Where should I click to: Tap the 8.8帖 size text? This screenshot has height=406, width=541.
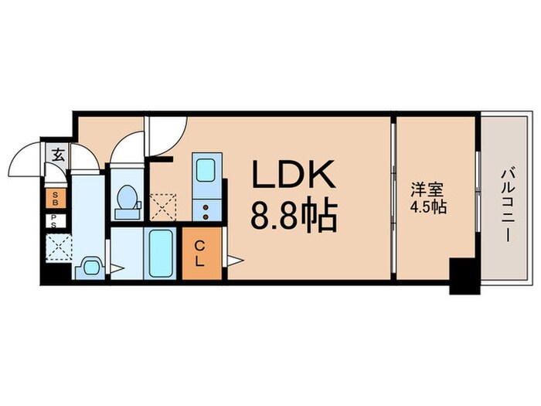click(x=294, y=217)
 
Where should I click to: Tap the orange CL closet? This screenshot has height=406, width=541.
click(x=199, y=253)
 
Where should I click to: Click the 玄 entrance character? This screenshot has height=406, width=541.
click(x=58, y=153)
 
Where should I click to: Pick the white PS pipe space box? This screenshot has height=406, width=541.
click(x=56, y=220)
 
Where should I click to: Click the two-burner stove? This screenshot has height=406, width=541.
click(x=206, y=207)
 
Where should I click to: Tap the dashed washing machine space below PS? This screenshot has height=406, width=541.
click(x=56, y=247)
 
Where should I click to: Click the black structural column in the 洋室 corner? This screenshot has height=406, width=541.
click(x=464, y=275)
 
